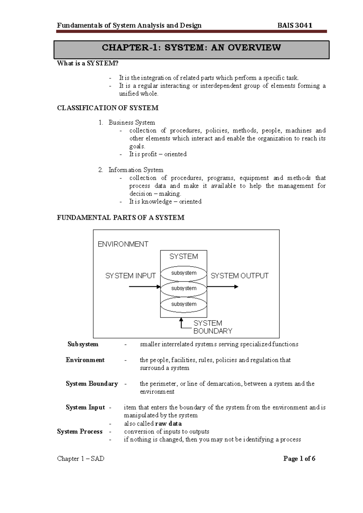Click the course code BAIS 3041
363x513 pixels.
click(295, 25)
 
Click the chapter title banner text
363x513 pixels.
click(191, 47)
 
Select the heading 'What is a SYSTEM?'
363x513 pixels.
click(88, 63)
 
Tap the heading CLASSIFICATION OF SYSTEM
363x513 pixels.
click(108, 108)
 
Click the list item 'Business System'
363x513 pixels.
click(132, 123)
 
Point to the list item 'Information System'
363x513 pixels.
click(136, 170)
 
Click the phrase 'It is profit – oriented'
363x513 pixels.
click(158, 154)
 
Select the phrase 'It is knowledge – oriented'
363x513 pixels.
click(165, 202)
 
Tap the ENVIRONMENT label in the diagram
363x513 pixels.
click(123, 244)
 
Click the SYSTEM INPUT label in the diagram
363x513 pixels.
click(130, 276)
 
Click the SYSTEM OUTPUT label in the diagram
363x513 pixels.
click(239, 276)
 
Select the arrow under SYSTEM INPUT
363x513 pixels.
click(144, 286)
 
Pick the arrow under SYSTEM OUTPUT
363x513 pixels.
click(223, 286)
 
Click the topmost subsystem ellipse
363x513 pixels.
click(184, 273)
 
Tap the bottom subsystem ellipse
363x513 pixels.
click(184, 304)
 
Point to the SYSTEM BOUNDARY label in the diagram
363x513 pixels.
click(212, 327)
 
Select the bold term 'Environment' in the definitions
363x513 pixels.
click(85, 360)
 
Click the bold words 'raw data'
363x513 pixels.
click(168, 424)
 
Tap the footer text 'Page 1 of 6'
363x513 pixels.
click(299, 459)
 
